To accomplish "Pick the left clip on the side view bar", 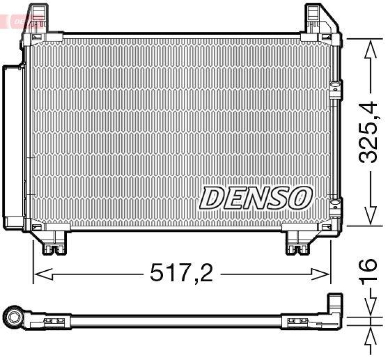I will point(53,321).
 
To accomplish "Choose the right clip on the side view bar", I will point(295,321).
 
